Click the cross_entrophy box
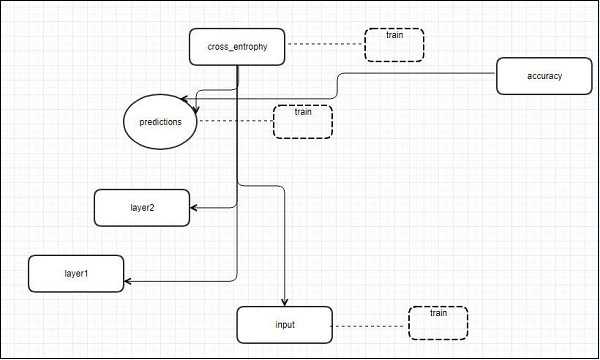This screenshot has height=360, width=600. [237, 46]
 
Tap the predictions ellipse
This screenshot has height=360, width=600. [159, 123]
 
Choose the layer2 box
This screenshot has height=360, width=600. [141, 207]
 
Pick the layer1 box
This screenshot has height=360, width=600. [76, 273]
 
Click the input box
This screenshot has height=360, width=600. [284, 325]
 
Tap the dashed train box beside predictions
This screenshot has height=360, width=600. [302, 120]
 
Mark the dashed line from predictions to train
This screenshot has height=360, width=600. [234, 122]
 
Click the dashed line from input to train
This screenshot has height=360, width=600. [370, 325]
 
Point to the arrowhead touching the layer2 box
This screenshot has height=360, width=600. [194, 208]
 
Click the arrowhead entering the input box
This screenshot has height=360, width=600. [286, 303]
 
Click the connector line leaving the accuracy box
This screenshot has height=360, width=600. [420, 73]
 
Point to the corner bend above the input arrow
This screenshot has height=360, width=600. [286, 186]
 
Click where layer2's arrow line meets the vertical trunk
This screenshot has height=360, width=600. [237, 207]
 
